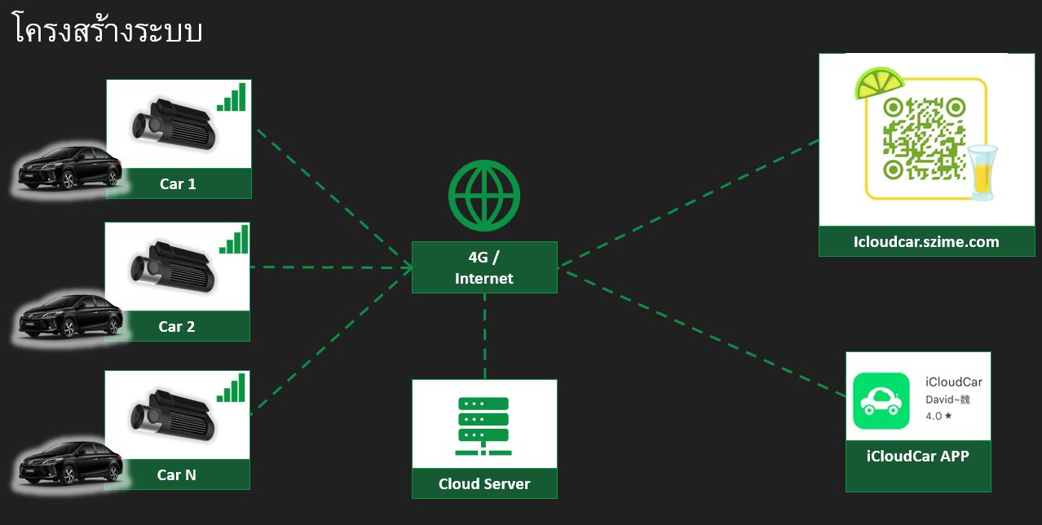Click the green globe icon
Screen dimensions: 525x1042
[484, 196]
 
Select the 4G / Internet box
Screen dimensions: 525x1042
[484, 267]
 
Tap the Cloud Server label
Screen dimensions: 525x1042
[484, 483]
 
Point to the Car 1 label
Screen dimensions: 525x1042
[178, 183]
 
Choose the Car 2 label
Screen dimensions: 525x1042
[177, 326]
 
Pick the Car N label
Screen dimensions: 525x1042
[177, 474]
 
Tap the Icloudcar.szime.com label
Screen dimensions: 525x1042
[925, 241]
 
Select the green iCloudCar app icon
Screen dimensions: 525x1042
[881, 400]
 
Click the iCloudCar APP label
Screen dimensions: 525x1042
[917, 456]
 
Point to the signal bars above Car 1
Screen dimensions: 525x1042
[232, 97]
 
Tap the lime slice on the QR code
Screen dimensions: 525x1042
[880, 83]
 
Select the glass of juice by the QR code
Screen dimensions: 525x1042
[982, 171]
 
